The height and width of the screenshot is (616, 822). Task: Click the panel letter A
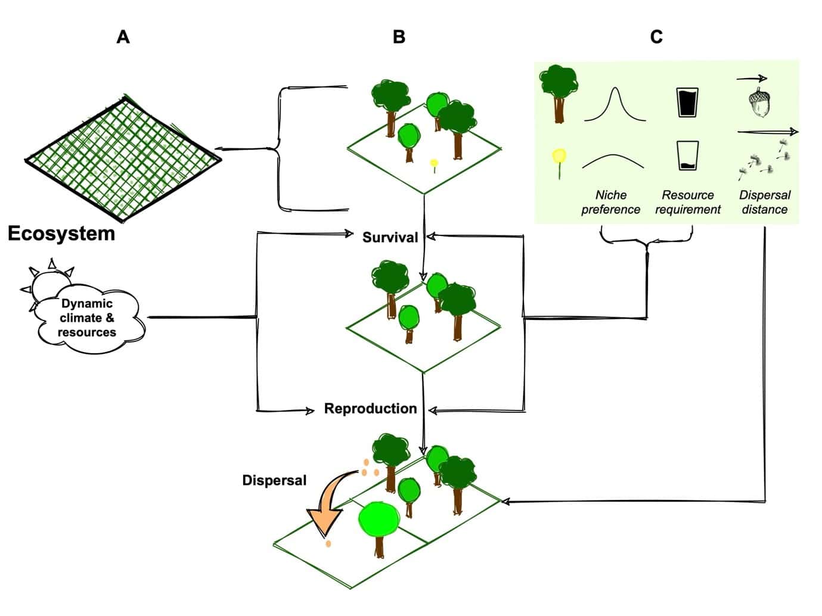(123, 37)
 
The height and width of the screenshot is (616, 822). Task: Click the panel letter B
(399, 37)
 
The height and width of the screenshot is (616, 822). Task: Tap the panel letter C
(656, 37)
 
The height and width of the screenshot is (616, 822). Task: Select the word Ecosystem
(61, 234)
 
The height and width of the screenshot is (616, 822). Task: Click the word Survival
(390, 237)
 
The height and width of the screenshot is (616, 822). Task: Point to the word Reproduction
(370, 408)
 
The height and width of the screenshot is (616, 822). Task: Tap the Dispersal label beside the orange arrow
(274, 480)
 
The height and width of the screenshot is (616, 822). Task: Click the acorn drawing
(759, 102)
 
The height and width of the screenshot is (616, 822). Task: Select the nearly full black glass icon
(687, 102)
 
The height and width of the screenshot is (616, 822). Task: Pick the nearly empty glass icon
(687, 155)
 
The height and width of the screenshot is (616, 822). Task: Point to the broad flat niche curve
(613, 155)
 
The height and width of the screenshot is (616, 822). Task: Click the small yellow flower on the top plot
(434, 164)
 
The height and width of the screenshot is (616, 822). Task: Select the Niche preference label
(611, 202)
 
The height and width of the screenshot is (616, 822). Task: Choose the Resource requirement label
(687, 202)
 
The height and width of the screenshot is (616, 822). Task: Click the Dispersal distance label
(765, 202)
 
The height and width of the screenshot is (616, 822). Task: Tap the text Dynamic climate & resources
(87, 318)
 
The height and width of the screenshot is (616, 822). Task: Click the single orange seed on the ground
(328, 544)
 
